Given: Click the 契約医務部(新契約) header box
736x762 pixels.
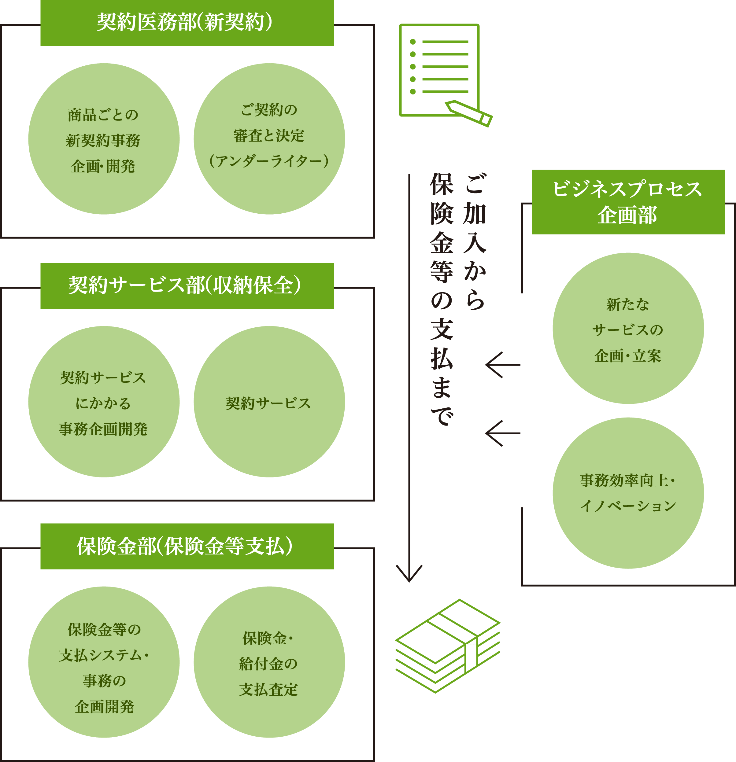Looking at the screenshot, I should [187, 23].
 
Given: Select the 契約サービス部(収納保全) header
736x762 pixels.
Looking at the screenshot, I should [187, 286].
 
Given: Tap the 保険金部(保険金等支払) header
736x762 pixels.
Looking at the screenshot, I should [187, 546].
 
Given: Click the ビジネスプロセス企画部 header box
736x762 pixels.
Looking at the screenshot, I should [628, 202].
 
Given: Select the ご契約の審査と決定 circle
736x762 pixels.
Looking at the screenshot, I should [269, 139].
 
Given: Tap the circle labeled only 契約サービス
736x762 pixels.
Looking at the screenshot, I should [269, 402].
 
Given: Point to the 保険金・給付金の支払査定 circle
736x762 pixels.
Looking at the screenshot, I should [269, 662].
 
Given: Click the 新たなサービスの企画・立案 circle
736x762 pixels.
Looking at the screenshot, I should [628, 329].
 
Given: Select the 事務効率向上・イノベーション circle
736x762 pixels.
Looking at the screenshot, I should [628, 493].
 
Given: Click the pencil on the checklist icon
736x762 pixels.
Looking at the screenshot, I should [469, 113].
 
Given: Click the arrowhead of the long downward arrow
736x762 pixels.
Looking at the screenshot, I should [409, 575].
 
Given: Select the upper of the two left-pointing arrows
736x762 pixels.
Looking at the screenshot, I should [502, 365].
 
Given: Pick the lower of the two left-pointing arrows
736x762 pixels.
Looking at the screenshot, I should [502, 433].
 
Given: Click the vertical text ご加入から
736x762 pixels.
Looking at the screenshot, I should [475, 241].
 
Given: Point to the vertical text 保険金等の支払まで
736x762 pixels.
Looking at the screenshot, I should [442, 299].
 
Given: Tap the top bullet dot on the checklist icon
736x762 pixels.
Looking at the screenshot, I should [413, 42].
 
